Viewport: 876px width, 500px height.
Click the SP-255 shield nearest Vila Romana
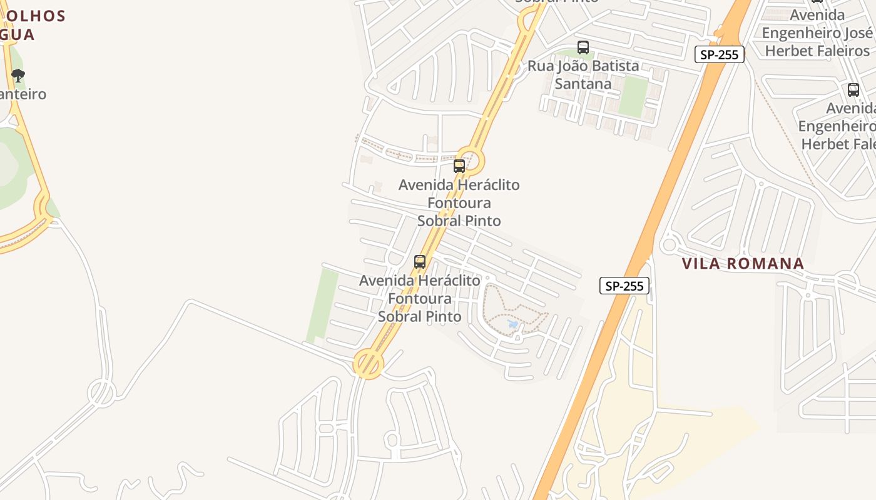pos(624,286)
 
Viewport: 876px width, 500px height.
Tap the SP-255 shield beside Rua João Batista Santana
pos(720,54)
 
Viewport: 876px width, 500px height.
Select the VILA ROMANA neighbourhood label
pos(743,263)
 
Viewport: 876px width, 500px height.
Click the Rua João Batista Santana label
pos(583,74)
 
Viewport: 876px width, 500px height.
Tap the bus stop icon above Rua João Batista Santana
pos(583,47)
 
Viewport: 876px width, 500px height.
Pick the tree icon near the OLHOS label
pos(18,76)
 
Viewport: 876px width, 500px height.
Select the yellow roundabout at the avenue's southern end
pos(368,364)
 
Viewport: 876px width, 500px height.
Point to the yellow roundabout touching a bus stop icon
pos(470,160)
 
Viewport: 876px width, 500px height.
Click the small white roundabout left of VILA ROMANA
pos(669,244)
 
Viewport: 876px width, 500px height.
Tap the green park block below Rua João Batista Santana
pos(633,97)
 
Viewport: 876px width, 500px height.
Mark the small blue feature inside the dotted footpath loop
pos(514,324)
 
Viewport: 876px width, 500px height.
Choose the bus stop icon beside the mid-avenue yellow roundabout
pos(459,166)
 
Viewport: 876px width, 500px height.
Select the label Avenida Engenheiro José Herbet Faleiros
pos(817,32)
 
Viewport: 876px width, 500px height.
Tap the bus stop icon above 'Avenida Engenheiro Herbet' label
pos(853,89)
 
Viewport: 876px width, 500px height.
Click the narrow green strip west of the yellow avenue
pos(323,305)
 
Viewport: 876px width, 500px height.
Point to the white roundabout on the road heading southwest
pos(101,393)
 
